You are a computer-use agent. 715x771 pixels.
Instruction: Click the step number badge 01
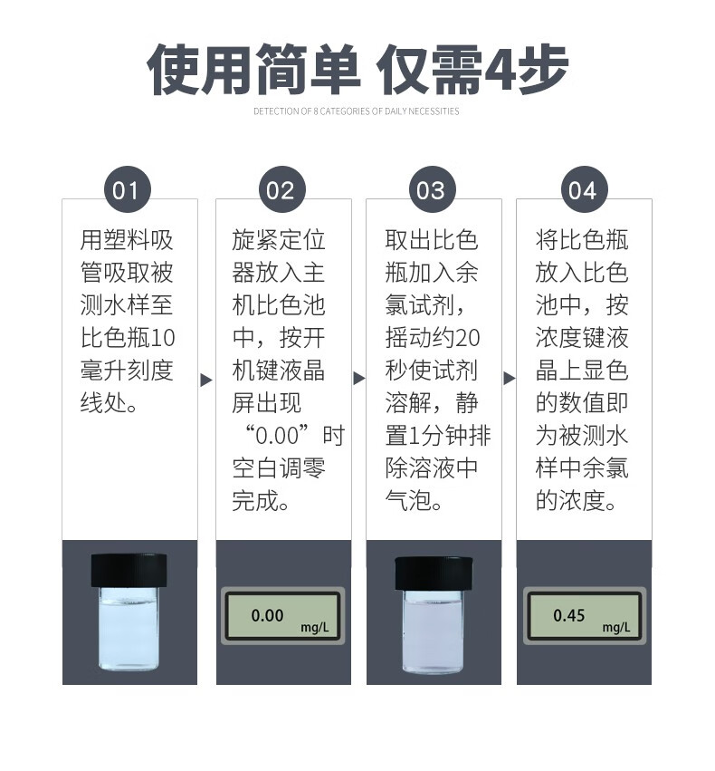click(x=128, y=190)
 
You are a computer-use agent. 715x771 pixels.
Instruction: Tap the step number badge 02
click(x=281, y=190)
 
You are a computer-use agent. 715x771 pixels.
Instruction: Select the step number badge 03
click(x=432, y=190)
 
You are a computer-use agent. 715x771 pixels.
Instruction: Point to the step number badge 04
click(x=583, y=190)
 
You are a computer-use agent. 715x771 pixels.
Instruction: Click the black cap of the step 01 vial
click(x=129, y=570)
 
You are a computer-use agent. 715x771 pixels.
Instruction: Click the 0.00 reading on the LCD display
click(x=267, y=615)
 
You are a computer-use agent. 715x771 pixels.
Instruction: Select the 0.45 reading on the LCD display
click(x=569, y=615)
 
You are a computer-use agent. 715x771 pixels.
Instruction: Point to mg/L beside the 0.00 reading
click(x=316, y=626)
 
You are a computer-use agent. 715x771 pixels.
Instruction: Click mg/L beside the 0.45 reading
click(x=616, y=626)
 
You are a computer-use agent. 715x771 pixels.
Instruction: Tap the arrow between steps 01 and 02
click(x=206, y=379)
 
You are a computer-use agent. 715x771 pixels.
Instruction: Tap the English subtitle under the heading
click(x=357, y=111)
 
